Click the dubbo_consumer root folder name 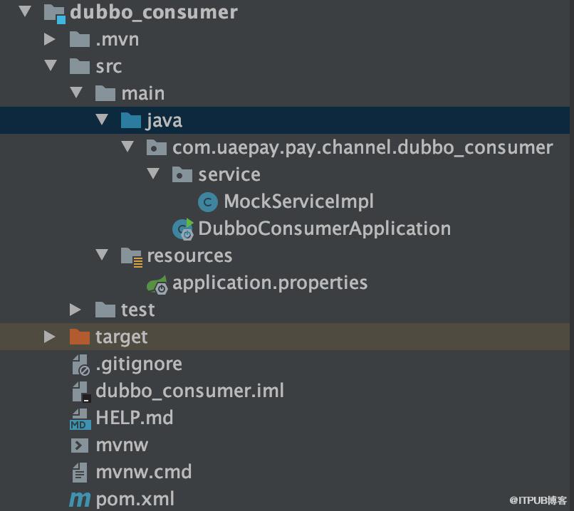click(x=154, y=12)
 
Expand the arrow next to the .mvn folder click(x=49, y=39)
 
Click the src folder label click(x=109, y=67)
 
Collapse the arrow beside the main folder click(x=76, y=93)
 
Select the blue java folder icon click(x=131, y=120)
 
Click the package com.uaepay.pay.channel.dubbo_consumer click(x=362, y=148)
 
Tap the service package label click(x=229, y=174)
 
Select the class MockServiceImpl click(x=298, y=201)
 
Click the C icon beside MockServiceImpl click(x=207, y=202)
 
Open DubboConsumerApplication click(x=324, y=228)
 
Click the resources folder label click(x=189, y=255)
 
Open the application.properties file click(x=270, y=283)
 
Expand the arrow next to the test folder click(x=75, y=310)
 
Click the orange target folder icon click(x=80, y=337)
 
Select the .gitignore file click(x=139, y=364)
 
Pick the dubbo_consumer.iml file click(x=189, y=391)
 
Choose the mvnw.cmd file click(x=144, y=472)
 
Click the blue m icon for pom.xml click(x=80, y=500)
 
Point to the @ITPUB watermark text click(x=538, y=500)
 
